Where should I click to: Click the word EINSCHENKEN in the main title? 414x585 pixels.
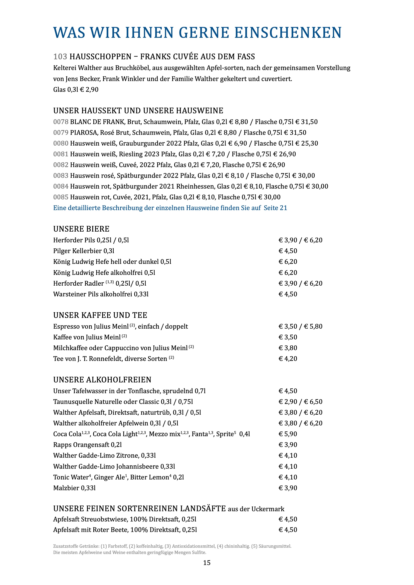(x=288, y=33)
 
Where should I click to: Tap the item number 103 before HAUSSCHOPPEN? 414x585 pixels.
(x=60, y=57)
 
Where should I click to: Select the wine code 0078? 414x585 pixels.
(x=61, y=122)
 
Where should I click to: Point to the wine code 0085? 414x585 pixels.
(x=61, y=197)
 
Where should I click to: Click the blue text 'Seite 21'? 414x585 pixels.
(x=275, y=208)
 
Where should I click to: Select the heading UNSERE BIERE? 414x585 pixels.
(x=81, y=229)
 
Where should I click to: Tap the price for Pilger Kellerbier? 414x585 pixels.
(x=288, y=251)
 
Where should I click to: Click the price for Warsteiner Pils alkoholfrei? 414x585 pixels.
(x=288, y=294)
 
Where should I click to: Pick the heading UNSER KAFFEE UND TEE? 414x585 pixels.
(x=100, y=315)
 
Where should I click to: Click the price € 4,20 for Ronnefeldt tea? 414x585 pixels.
(x=288, y=358)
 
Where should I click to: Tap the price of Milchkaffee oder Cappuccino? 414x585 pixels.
(x=288, y=348)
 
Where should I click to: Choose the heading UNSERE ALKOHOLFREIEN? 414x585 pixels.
(x=102, y=380)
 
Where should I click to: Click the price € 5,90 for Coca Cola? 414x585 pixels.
(x=288, y=434)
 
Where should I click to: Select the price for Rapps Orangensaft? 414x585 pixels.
(x=288, y=445)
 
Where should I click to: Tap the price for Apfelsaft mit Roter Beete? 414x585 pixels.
(x=288, y=530)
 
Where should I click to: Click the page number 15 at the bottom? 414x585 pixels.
(x=207, y=562)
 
